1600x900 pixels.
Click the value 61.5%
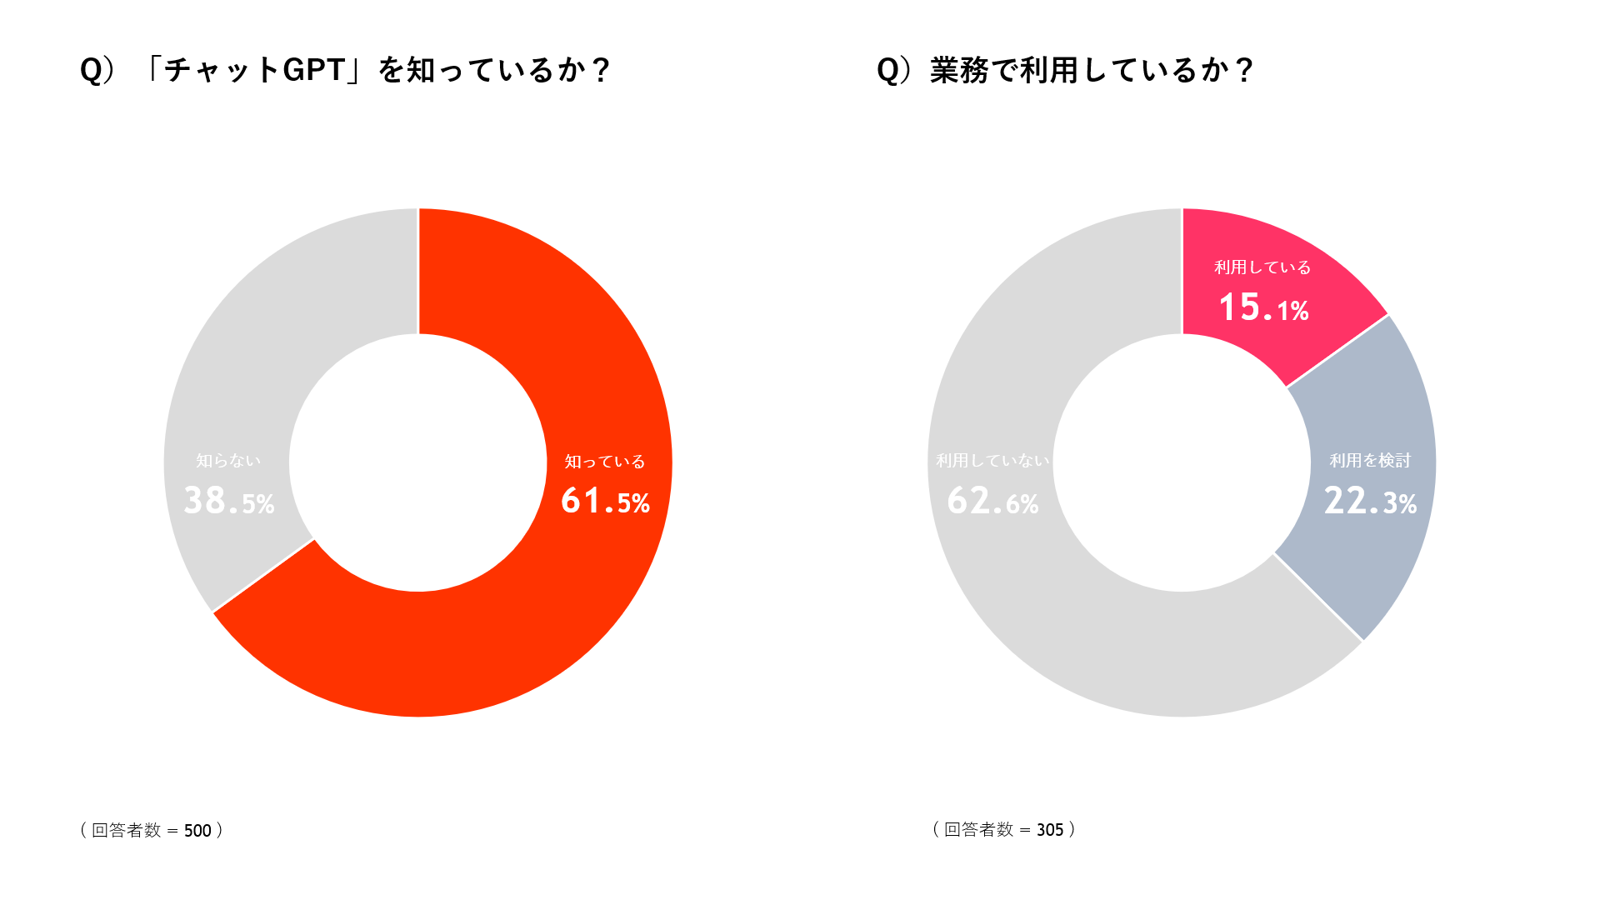tap(605, 502)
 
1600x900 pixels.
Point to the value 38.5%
tap(228, 502)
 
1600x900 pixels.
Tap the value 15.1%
tap(1263, 308)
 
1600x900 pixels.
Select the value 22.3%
tap(1370, 502)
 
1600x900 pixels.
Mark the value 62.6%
tap(992, 502)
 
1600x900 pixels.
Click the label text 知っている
tap(605, 462)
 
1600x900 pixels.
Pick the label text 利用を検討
tap(1370, 461)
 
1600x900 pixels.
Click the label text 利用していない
tap(992, 461)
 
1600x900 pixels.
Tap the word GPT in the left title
tap(314, 70)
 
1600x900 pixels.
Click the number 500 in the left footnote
tap(197, 831)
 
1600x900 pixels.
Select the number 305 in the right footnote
tap(1050, 830)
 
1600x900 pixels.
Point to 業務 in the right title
tap(959, 71)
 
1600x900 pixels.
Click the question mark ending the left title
tap(601, 71)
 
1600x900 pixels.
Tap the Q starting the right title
tap(888, 71)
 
